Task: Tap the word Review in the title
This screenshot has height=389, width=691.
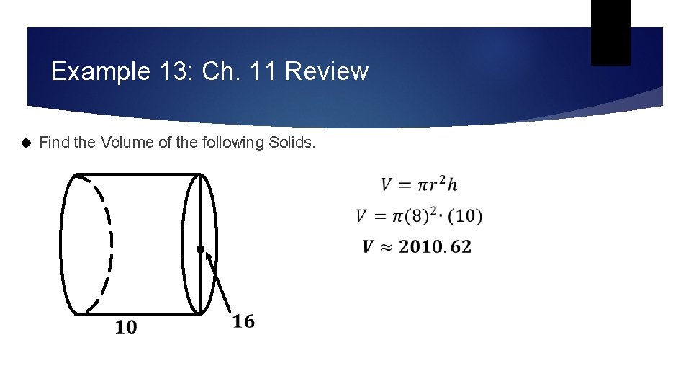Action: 327,72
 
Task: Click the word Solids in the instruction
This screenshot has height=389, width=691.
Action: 291,143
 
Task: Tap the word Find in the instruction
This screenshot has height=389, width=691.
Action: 55,143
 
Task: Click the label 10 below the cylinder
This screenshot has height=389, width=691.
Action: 125,328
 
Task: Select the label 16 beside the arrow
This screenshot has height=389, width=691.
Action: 243,321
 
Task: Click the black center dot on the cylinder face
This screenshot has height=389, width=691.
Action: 200,250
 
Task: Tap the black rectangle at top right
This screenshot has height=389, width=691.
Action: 610,32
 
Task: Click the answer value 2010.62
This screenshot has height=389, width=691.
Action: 435,247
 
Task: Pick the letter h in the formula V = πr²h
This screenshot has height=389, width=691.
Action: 451,184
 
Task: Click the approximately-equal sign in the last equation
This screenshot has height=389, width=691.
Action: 387,247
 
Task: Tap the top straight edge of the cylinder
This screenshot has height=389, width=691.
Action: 137,174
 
